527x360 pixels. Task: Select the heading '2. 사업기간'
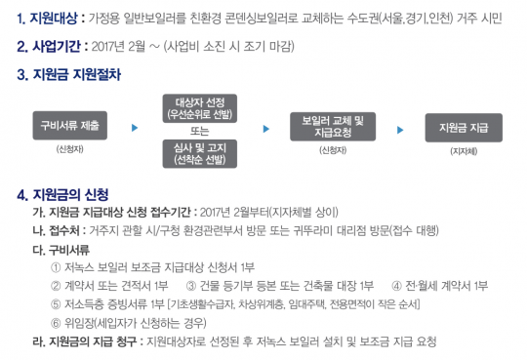49,46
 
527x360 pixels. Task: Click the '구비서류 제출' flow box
70,127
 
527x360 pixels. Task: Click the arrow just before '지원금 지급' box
400,128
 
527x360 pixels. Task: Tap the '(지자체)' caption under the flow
463,152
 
